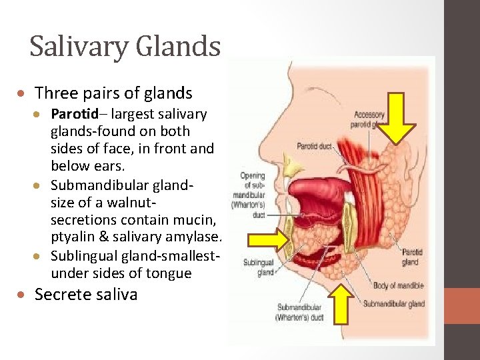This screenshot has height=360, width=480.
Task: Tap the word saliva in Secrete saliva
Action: pyautogui.click(x=113, y=294)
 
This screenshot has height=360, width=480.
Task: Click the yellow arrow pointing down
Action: pyautogui.click(x=398, y=119)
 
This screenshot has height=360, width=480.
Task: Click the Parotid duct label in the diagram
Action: pyautogui.click(x=314, y=146)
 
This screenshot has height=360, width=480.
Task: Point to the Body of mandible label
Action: pyautogui.click(x=398, y=286)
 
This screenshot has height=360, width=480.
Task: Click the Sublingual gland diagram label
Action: pyautogui.click(x=258, y=267)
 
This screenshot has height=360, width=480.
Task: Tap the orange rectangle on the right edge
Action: pyautogui.click(x=462, y=306)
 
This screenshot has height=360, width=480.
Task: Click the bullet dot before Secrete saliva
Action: pyautogui.click(x=22, y=295)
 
